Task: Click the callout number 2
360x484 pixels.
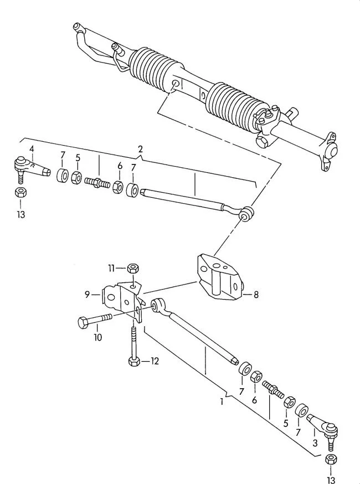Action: point(141,150)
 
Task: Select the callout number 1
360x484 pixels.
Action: point(222,401)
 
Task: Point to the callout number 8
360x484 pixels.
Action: point(256,295)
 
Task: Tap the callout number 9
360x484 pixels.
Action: point(87,295)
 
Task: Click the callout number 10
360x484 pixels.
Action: point(97,337)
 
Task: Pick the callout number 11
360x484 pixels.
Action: point(111,268)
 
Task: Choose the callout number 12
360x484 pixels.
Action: point(155,361)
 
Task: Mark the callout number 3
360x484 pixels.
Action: point(315,443)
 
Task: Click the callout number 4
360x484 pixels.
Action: point(32,149)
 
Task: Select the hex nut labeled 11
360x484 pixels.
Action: point(133,267)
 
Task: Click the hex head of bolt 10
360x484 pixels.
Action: point(84,322)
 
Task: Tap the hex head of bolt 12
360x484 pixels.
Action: point(133,361)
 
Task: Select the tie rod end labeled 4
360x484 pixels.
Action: point(30,169)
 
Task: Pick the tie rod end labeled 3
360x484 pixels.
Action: point(325,429)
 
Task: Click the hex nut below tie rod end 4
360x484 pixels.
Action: point(20,192)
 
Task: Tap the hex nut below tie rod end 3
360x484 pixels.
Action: point(331,460)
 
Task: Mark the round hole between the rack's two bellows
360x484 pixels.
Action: point(176,84)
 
